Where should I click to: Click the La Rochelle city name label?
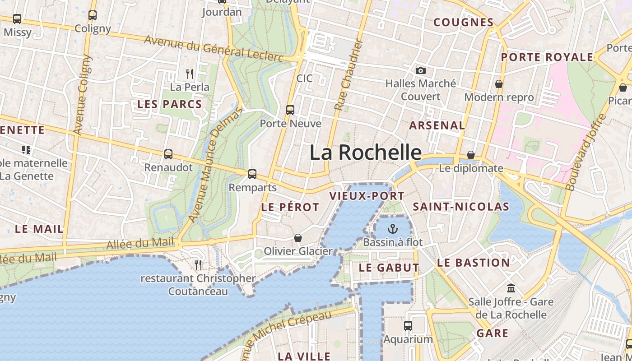pos(366,153)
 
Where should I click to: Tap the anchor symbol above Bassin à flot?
pos(393,229)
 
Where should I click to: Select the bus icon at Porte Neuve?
pos(290,110)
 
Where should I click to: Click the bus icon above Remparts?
pos(252,174)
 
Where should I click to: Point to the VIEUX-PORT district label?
pos(367,196)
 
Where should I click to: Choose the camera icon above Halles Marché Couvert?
pos(421,70)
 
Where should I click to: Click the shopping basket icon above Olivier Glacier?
pos(298,238)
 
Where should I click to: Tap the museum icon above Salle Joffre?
pos(511,288)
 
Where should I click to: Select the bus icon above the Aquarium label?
pos(408,325)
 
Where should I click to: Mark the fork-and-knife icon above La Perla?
pos(190,73)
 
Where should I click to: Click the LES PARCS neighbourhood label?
pos(169,104)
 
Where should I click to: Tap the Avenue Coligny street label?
pos(82,95)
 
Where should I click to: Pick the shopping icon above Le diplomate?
pos(471,155)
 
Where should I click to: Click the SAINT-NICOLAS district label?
pos(461,207)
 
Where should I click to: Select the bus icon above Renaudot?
pos(168,154)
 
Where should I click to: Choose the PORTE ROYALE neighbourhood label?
pos(547,57)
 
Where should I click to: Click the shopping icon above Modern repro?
pos(499,84)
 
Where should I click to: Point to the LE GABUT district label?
pos(389,268)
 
